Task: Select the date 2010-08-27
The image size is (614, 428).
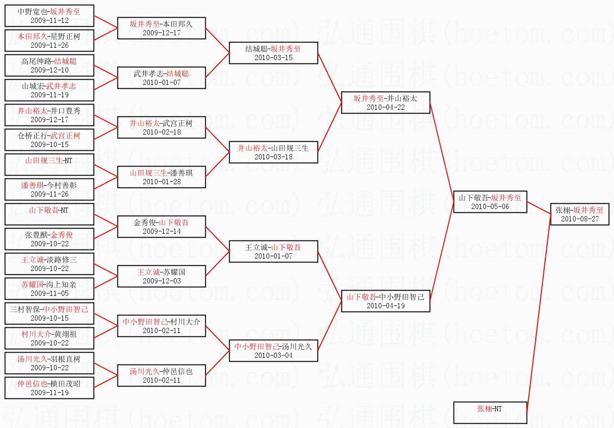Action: tap(580, 219)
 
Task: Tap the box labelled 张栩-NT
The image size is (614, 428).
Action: tap(490, 413)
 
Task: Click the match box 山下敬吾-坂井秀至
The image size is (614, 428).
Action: tap(490, 201)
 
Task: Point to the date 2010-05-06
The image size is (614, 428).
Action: tap(490, 207)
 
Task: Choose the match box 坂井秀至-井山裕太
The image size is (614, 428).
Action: tap(385, 102)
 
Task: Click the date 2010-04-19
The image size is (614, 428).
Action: tap(385, 306)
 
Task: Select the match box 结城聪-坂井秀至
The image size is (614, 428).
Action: tap(274, 52)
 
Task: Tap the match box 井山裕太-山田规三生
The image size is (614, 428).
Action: tap(274, 152)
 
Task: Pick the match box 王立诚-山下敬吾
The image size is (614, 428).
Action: tap(274, 251)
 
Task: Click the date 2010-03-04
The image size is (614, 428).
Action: tap(274, 355)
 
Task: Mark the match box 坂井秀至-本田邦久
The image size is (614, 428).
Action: tap(161, 28)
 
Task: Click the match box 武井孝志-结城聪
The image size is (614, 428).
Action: tap(161, 77)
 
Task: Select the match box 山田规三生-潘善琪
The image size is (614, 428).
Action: tap(161, 177)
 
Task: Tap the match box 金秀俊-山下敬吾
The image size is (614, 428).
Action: tap(161, 226)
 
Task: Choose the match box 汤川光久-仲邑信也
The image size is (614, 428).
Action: tap(161, 376)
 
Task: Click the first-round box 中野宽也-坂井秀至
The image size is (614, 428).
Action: tap(50, 15)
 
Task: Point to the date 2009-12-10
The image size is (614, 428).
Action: tap(50, 70)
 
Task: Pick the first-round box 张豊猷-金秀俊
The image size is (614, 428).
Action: tap(50, 239)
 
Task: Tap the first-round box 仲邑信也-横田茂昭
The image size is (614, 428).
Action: tap(50, 388)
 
